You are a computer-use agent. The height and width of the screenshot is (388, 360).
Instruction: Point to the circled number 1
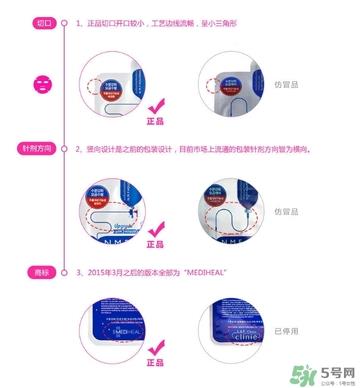65,20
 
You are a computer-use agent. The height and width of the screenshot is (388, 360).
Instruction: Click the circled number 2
65,148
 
